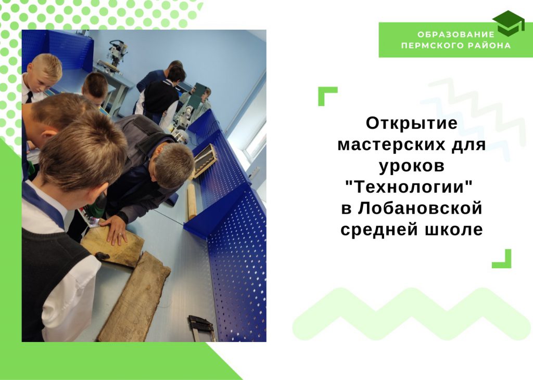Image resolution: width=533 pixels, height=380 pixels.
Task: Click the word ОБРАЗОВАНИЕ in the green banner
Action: coord(456,34)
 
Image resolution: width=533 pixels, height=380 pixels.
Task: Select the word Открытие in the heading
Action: coord(412,123)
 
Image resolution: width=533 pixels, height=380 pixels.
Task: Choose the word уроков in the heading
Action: coord(412,166)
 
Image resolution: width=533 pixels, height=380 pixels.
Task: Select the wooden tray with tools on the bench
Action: coord(204,161)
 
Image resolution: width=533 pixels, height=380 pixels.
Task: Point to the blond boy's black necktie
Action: coord(30,97)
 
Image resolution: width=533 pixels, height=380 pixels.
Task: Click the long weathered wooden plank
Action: coord(134,297)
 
